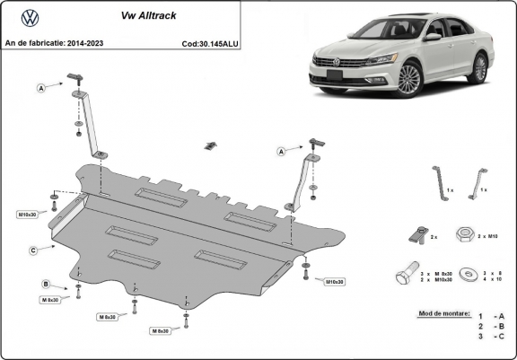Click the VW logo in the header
pos(29,17)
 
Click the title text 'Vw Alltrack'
pos(145,15)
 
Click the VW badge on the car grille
pos(340,62)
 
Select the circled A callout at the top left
pos(40,87)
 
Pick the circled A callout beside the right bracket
pos(281,152)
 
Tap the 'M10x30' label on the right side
pos(333,281)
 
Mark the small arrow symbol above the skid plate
pos(211,145)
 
